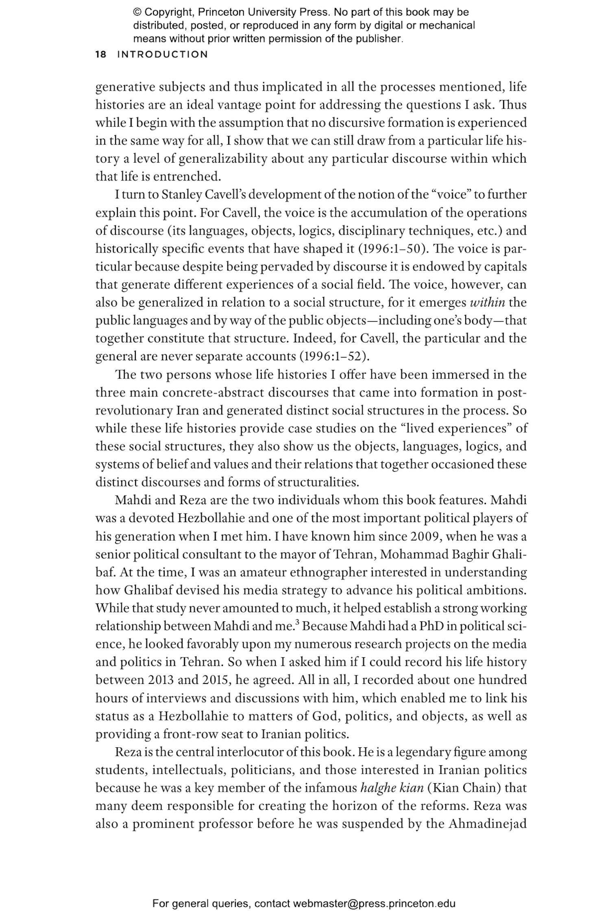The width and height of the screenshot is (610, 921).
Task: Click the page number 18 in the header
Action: [100, 54]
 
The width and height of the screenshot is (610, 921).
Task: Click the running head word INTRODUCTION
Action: [162, 54]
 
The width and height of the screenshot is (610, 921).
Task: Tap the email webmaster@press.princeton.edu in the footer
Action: [374, 904]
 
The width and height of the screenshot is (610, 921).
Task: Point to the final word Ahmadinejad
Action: [488, 824]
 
